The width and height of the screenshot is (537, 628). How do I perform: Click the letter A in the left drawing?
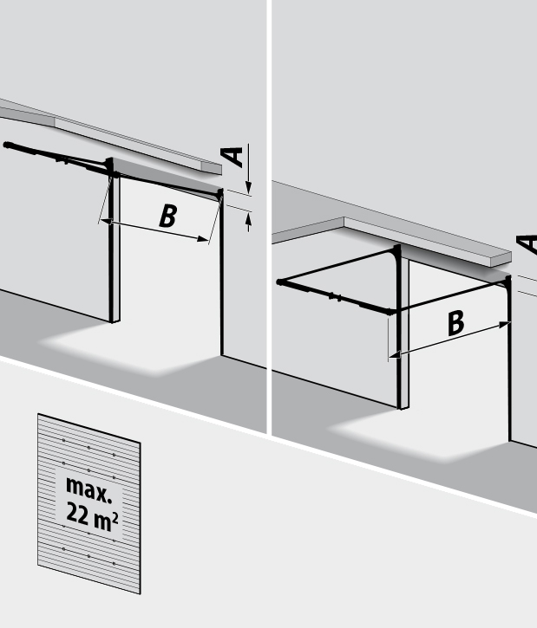pos(232,158)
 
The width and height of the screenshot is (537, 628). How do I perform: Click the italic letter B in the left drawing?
pos(168,216)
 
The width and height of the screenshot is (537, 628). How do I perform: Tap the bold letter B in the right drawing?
pos(456,323)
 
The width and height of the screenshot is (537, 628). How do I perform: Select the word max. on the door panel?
pos(88,489)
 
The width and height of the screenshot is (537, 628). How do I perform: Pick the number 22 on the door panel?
pos(77,513)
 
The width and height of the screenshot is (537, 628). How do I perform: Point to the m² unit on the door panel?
pos(106,521)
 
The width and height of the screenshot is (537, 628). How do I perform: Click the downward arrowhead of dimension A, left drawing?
pos(248,187)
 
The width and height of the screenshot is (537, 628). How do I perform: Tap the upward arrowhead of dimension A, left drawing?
pos(248,219)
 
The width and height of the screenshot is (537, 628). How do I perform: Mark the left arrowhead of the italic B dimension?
pos(106,221)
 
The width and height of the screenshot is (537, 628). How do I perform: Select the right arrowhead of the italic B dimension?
pos(202,239)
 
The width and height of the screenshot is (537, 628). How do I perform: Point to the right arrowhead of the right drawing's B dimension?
pos(504,325)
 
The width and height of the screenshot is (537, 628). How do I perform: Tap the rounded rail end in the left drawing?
pos(7,145)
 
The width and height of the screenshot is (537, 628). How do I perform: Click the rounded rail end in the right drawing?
pos(280,282)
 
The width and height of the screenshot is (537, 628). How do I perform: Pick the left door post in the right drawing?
pos(403,328)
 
